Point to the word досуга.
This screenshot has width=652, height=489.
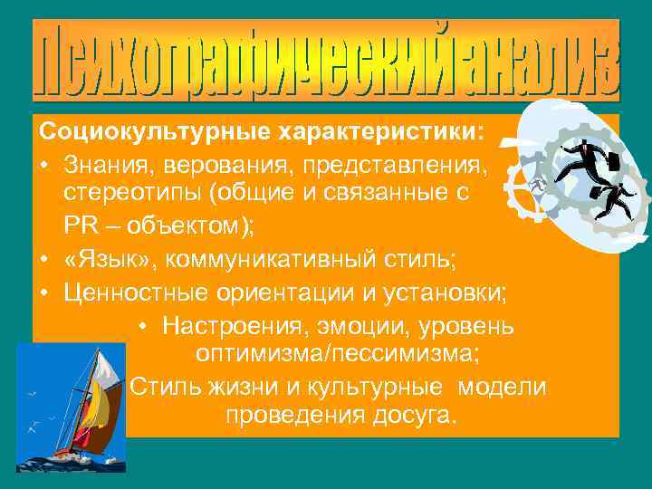[414, 416]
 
